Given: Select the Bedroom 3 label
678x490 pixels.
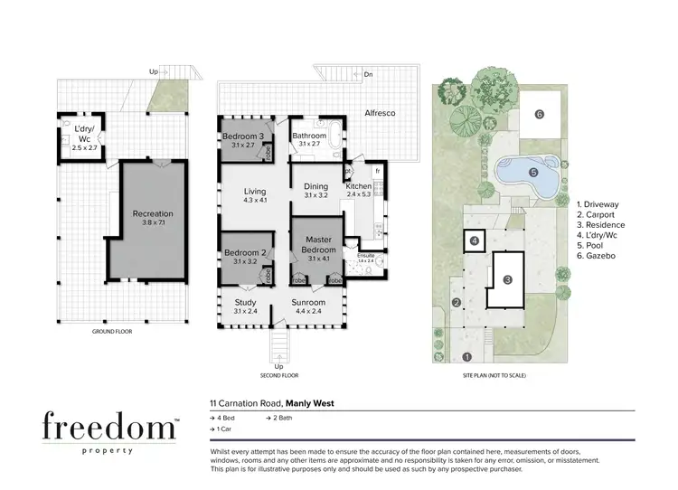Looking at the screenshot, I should (x=242, y=137).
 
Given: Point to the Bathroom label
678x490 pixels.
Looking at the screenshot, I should (x=309, y=137).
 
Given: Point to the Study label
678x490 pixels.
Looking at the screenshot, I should (x=246, y=303).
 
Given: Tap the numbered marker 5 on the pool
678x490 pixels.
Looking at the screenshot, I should (x=532, y=172).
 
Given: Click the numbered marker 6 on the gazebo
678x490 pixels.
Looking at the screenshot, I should (x=539, y=114).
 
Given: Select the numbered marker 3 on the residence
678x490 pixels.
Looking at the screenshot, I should (x=507, y=279).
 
